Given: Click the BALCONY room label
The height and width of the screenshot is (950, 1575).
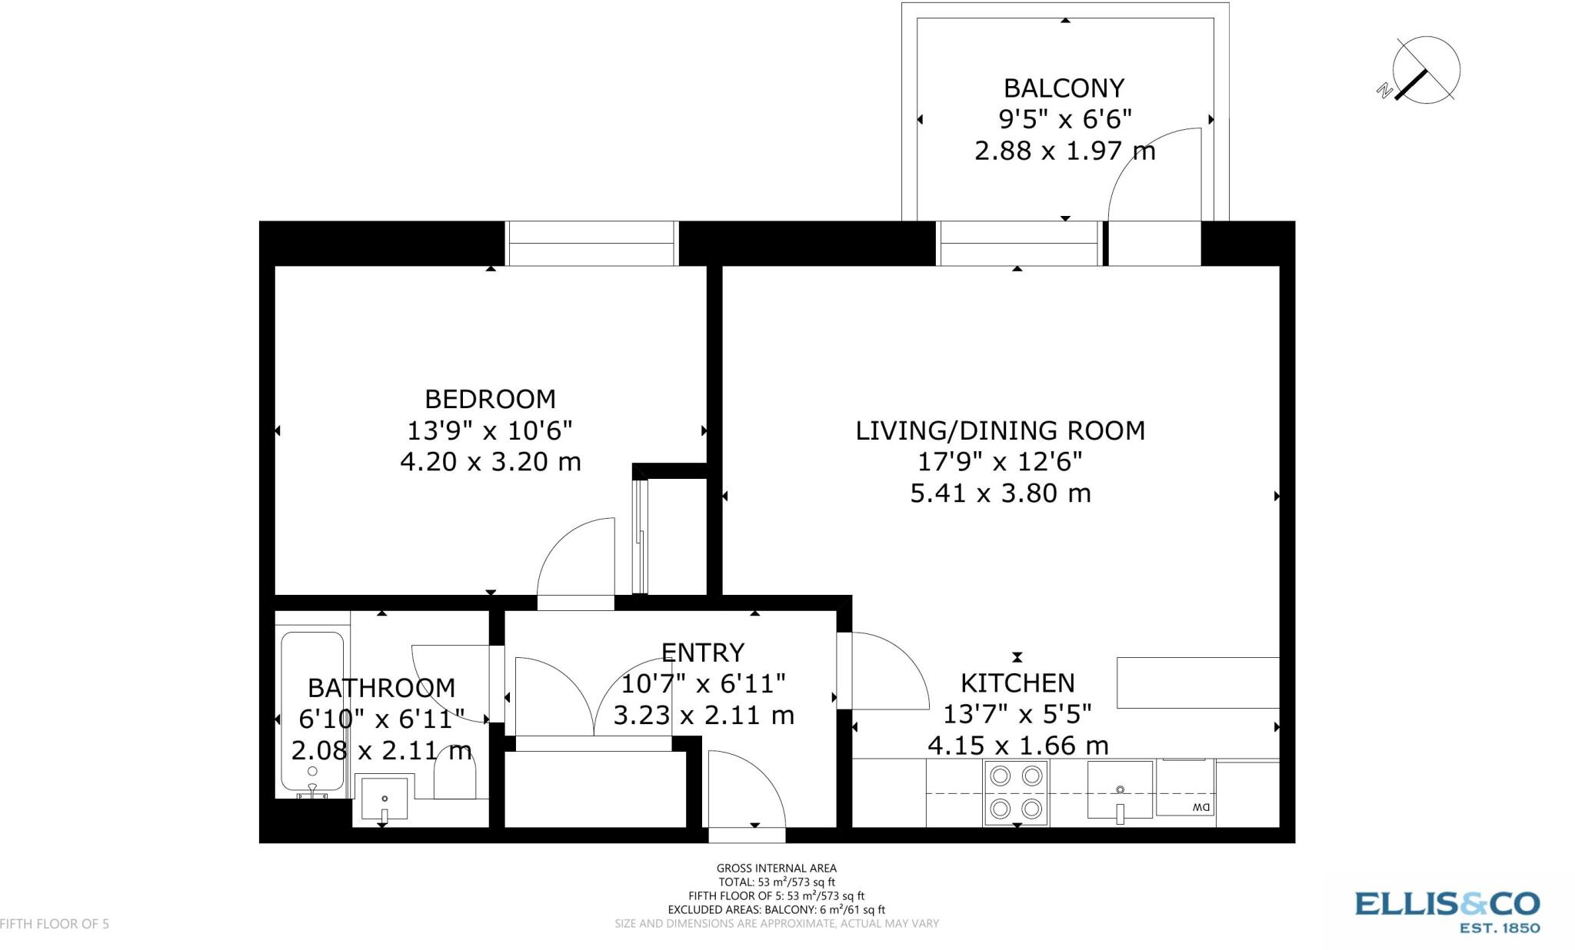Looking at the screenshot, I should [x=1064, y=88].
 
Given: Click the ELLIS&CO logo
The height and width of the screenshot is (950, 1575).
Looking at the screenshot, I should [x=1447, y=912].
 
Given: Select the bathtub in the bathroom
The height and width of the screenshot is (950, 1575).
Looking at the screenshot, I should [x=312, y=711].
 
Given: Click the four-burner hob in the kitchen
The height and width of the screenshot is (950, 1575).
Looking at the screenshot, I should [x=1015, y=792].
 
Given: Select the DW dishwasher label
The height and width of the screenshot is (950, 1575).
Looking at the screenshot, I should [x=1200, y=807].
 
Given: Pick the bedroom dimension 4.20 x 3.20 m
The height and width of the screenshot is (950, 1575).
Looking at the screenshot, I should [x=490, y=462].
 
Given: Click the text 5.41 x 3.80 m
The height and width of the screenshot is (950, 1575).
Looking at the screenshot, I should [x=1000, y=493].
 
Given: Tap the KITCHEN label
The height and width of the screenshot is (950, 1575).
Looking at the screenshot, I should [x=1017, y=683].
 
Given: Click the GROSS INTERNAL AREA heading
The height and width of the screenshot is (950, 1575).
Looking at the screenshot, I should [x=776, y=869].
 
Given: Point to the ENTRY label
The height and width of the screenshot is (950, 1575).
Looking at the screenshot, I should [x=702, y=653].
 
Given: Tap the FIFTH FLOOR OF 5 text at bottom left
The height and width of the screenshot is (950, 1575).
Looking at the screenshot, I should [x=55, y=924].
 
